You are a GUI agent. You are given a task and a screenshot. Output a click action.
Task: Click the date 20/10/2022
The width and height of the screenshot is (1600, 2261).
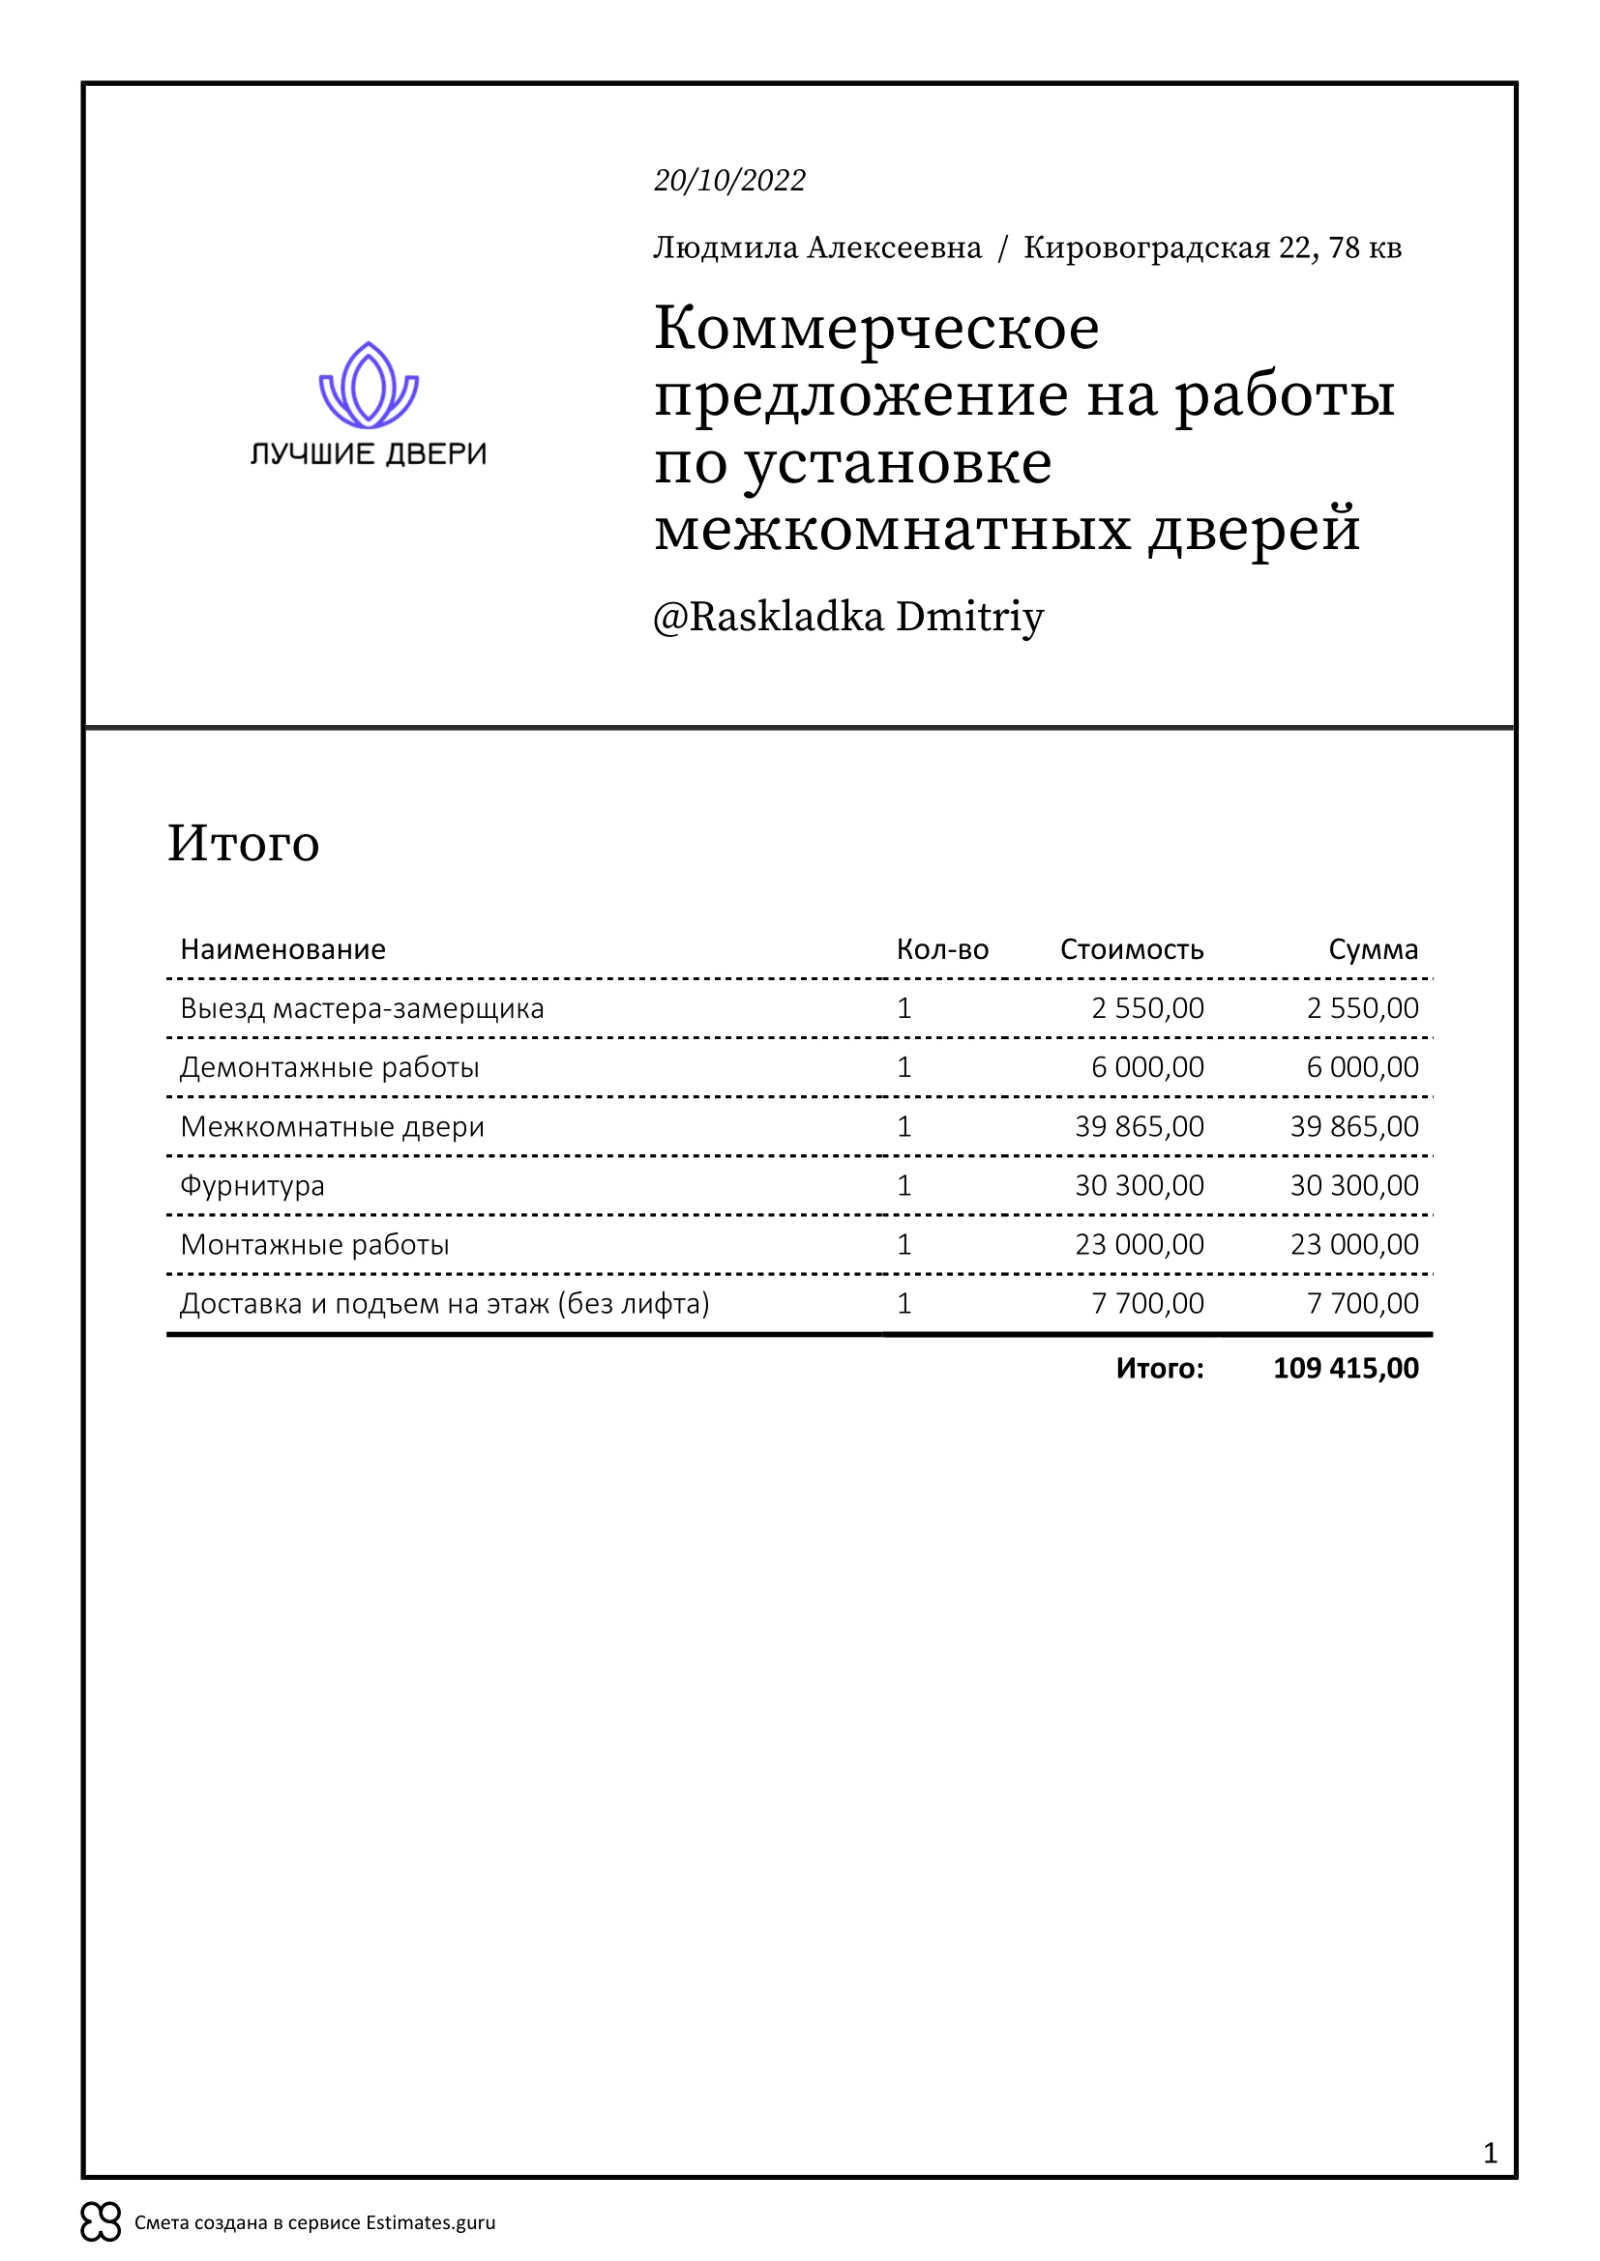click(x=729, y=180)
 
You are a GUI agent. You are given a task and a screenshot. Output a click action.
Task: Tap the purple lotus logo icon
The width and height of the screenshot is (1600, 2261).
click(x=369, y=385)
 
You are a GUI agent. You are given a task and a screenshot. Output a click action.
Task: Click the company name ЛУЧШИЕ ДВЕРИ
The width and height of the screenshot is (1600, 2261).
click(x=369, y=454)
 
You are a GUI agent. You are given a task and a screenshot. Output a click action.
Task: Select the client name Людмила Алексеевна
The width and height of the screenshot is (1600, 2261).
click(x=816, y=247)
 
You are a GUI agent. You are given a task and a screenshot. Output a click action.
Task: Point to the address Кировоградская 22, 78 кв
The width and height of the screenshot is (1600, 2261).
click(x=1212, y=247)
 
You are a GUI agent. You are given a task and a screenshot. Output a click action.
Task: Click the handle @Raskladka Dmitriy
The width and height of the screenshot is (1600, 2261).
click(x=847, y=617)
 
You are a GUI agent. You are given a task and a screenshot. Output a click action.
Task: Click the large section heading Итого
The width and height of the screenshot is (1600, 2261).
click(x=244, y=843)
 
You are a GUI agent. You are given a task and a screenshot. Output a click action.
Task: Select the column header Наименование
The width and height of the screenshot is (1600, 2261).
click(x=282, y=949)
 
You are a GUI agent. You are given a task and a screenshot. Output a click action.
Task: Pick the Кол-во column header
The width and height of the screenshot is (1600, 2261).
click(x=942, y=949)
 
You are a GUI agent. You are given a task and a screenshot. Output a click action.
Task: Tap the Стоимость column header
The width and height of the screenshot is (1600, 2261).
click(x=1131, y=949)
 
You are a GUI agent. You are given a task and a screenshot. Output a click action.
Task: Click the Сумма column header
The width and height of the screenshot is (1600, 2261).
click(x=1373, y=949)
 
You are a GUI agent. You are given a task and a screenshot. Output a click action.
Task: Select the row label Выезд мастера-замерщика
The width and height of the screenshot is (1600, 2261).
click(x=362, y=1008)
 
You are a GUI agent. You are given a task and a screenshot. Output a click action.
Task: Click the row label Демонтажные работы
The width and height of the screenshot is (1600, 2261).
click(x=329, y=1067)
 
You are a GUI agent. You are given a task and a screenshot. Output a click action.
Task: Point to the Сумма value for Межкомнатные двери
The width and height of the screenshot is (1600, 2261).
click(x=1353, y=1126)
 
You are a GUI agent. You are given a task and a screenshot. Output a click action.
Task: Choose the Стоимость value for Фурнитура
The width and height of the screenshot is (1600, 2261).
click(x=1139, y=1186)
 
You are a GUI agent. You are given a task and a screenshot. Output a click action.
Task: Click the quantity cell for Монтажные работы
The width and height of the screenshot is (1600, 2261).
click(x=904, y=1245)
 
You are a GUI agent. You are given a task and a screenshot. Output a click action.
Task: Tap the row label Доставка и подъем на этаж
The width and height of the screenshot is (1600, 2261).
click(x=444, y=1304)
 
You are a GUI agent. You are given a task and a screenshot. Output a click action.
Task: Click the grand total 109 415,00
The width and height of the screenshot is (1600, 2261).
click(x=1346, y=1368)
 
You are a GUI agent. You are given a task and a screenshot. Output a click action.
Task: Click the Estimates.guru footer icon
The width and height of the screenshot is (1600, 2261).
click(x=101, y=2221)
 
